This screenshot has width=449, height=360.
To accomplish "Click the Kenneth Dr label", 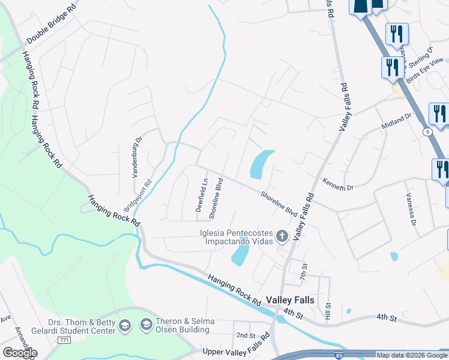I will click(338, 184).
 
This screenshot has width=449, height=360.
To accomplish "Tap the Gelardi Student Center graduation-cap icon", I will click(125, 326).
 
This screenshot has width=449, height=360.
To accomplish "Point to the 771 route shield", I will click(64, 340).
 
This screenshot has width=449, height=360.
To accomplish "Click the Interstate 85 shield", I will click(339, 355).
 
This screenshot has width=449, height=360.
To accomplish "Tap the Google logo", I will click(20, 352).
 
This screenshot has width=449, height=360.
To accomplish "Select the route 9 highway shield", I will click(427, 131).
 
